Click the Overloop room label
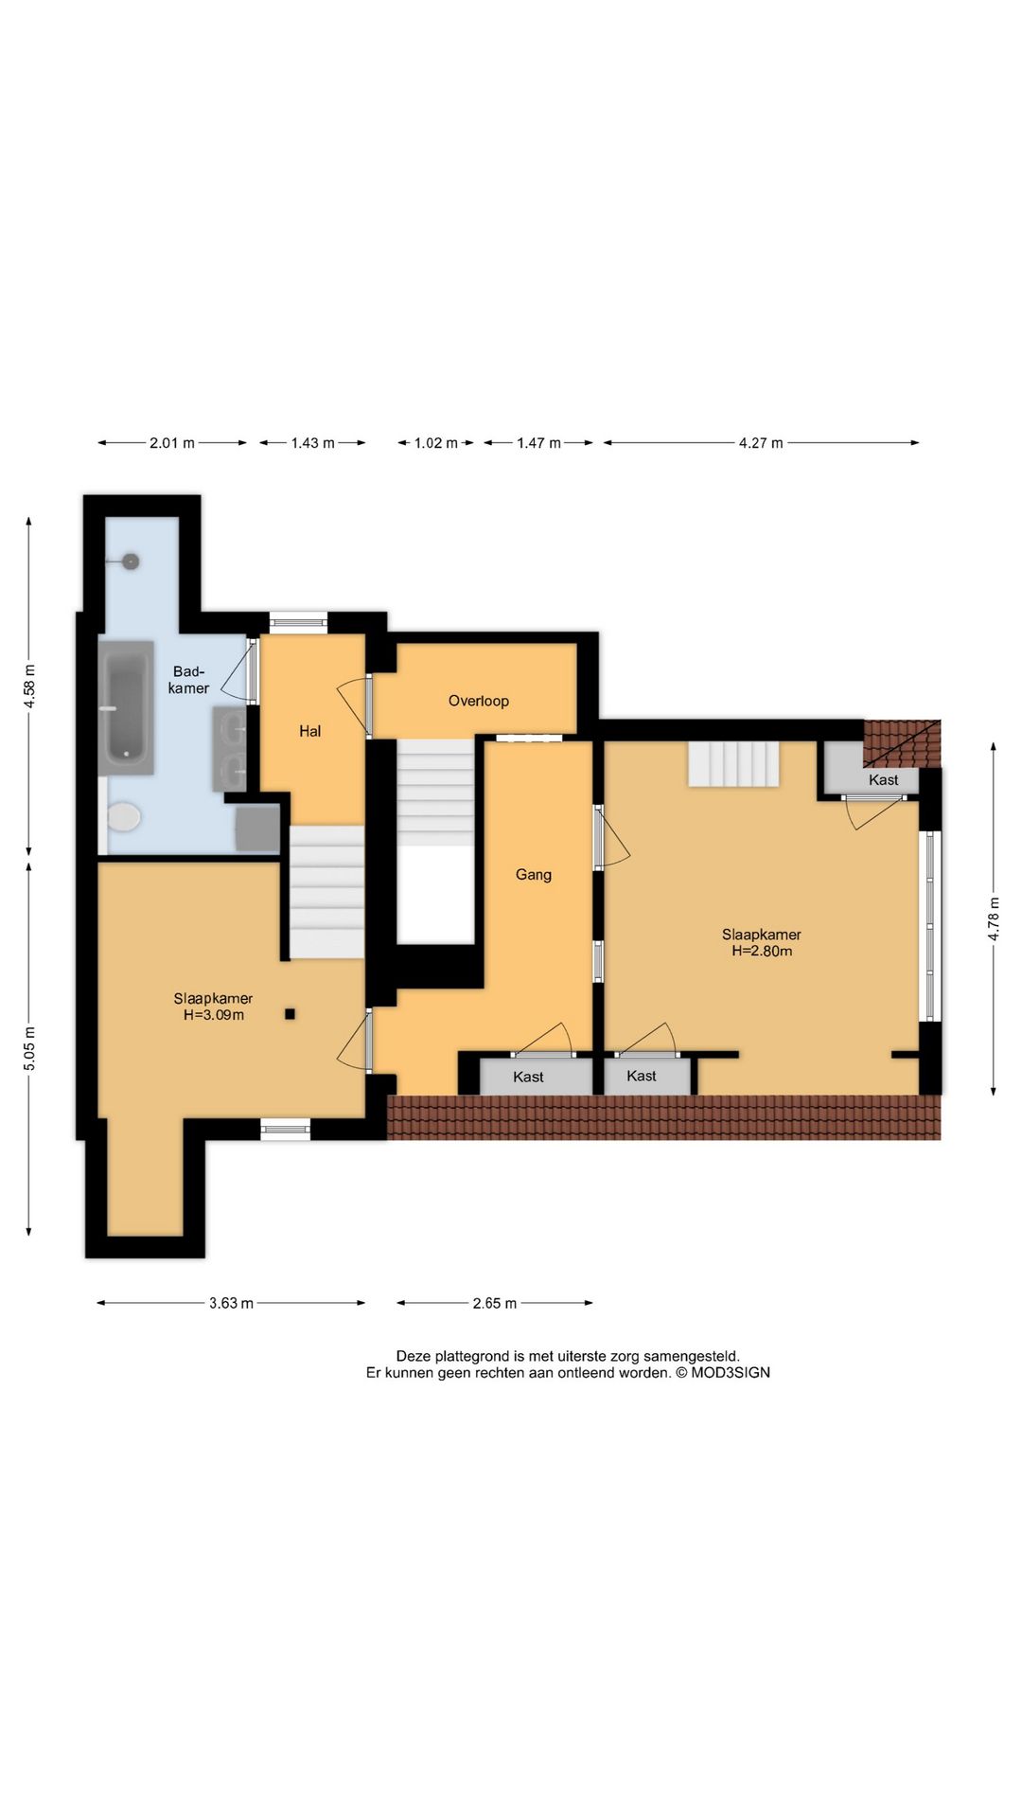point(478,701)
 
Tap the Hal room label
point(309,731)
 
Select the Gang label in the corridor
point(533,875)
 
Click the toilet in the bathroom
point(123,816)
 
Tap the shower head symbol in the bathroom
point(130,561)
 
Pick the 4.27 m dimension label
point(761,443)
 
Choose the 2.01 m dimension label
point(172,443)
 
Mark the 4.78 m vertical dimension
point(994,918)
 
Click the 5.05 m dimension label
point(29,1049)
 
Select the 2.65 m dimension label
point(495,1303)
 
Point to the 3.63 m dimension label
point(231,1303)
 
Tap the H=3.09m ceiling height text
point(214,1015)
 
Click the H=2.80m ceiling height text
point(762,951)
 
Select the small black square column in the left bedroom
point(291,1014)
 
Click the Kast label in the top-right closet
point(883,780)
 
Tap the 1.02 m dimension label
point(435,443)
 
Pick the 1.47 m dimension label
point(538,443)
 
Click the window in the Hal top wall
point(298,623)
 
